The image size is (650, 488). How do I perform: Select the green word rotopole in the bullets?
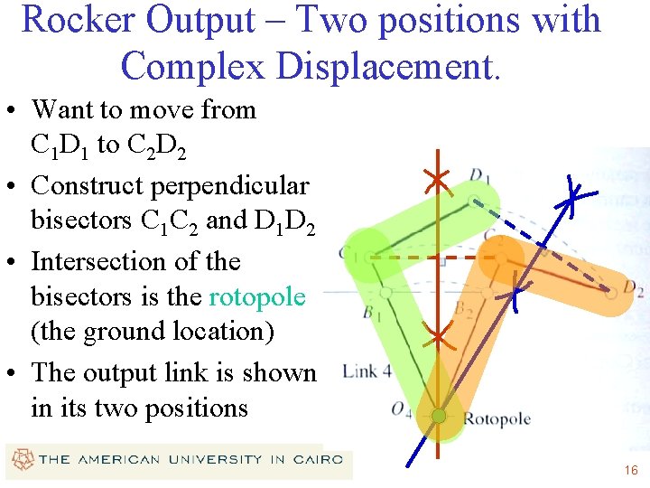coord(257,296)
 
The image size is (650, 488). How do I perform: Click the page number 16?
coord(631,470)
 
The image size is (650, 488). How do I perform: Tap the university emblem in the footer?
coord(21,460)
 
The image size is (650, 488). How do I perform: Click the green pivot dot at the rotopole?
coord(438,416)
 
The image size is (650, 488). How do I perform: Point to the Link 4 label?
coord(367,371)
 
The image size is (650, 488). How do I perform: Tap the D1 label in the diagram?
coord(479,175)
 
